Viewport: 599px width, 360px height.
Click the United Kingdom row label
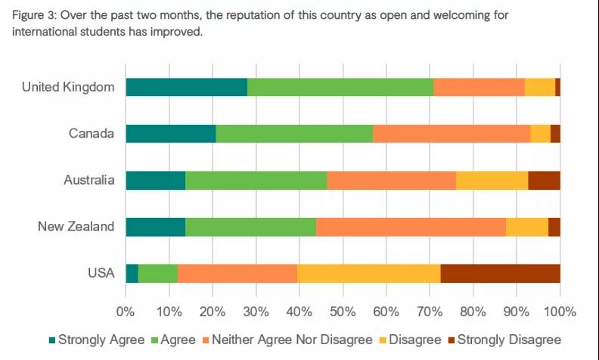pos(68,87)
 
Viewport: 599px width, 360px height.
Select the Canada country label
pos(92,134)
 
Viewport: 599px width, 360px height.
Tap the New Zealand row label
pos(76,227)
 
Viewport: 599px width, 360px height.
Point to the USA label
pos(101,273)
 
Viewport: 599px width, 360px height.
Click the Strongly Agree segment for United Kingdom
pos(186,87)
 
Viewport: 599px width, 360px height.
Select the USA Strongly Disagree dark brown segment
pos(500,273)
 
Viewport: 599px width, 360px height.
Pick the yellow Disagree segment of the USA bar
pos(368,273)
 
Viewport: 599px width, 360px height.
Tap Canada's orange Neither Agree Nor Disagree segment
pos(452,134)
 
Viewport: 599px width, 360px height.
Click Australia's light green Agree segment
pos(256,180)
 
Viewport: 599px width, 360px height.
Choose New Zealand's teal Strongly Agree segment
pos(155,227)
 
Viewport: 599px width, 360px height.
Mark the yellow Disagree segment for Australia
pos(492,180)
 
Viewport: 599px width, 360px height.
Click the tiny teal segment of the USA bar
pos(132,273)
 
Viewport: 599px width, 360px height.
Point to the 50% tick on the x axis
pos(343,310)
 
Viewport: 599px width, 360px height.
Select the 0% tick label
pos(126,310)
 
